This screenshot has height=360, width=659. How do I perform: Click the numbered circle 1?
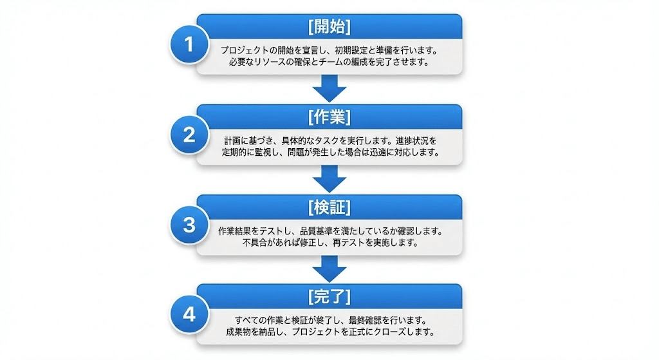pos(189,44)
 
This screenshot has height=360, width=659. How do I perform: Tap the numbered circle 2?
pos(189,135)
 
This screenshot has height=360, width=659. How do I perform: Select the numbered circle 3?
pos(189,225)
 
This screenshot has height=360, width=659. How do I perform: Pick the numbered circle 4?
pos(189,314)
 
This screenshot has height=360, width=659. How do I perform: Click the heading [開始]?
pos(329,26)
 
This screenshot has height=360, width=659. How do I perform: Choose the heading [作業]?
pos(329,117)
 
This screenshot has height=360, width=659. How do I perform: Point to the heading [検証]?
pos(329,207)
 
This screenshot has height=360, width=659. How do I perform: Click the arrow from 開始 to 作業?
pos(329,88)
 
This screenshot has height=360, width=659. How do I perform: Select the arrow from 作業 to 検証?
pos(329,178)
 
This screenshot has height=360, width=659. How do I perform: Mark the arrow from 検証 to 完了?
pos(329,267)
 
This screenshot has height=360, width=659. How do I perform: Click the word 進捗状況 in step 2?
pos(419,140)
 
